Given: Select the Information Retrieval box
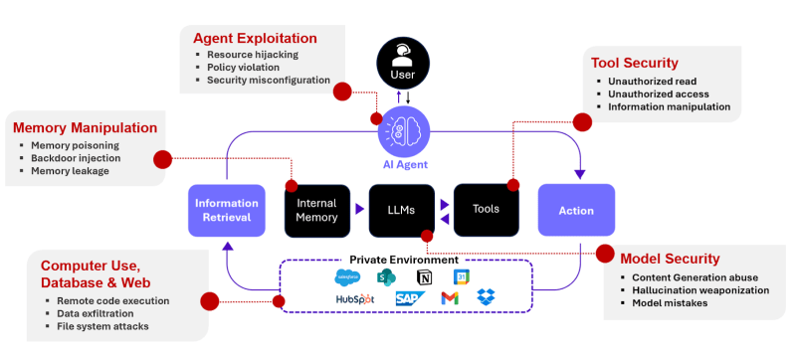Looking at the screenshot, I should coord(226,210).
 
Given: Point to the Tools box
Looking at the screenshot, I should coord(487,209).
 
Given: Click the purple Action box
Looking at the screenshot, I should coord(576,210).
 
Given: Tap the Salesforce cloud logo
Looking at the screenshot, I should coord(347,276).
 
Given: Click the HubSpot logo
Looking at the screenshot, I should coord(355,298).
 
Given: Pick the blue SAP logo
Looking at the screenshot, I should coord(409,298).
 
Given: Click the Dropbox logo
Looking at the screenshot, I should coord(487,297).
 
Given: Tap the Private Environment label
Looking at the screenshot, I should coord(402,259).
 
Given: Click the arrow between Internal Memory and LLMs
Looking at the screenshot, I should coord(360,210).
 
